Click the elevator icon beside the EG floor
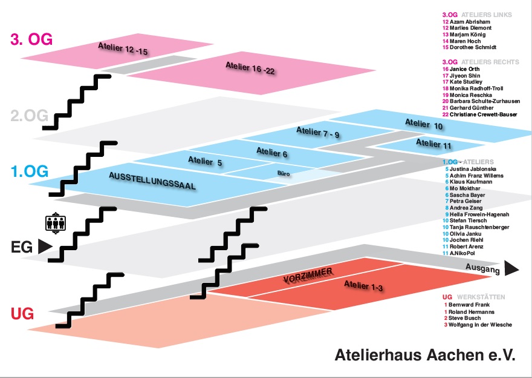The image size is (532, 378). coord(56,224)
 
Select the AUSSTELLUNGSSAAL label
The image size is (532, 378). coord(152,181)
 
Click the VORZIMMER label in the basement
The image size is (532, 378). coord(308,277)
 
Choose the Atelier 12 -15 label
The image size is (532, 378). coord(123,49)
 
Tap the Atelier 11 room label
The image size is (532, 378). coord(433,144)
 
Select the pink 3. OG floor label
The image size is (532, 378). coord(31,39)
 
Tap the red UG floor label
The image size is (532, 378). coord(22,313)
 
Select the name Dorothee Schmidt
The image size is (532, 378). coord(476,47)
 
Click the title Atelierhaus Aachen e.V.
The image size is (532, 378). coord(425,356)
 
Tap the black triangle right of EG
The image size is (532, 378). coord(44,247)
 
